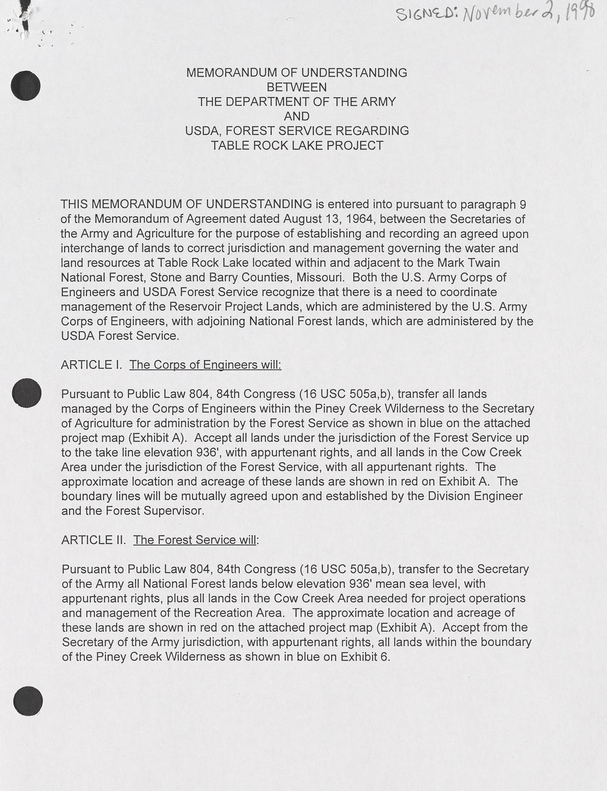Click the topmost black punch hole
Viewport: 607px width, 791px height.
pos(26,86)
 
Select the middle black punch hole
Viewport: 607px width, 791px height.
pos(26,393)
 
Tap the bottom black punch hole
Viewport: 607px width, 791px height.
pos(28,701)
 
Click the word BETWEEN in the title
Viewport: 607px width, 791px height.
pos(297,88)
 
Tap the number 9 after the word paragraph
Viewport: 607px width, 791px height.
pos(522,205)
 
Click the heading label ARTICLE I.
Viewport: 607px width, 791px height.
pos(91,365)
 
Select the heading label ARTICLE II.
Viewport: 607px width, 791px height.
pos(93,540)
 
